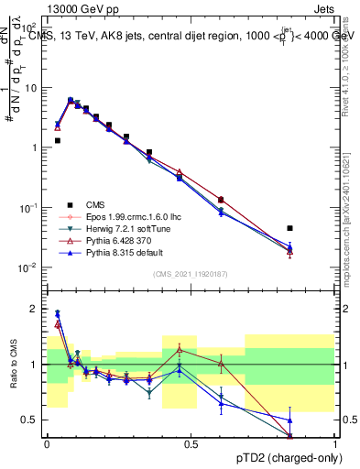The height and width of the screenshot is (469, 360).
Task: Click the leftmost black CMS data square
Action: pos(57,140)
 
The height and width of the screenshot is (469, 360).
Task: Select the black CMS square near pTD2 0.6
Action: pos(221,200)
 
